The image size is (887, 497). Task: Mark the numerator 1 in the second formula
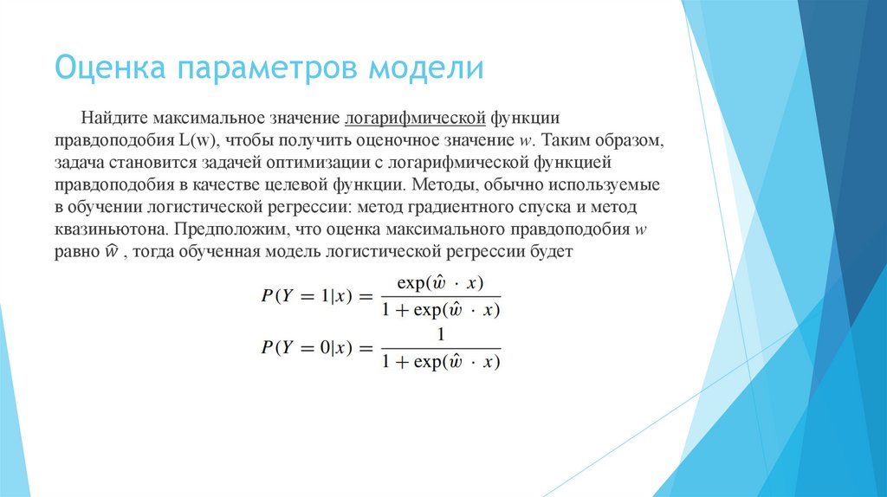(440, 333)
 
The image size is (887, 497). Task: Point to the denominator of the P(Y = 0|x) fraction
(440, 361)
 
